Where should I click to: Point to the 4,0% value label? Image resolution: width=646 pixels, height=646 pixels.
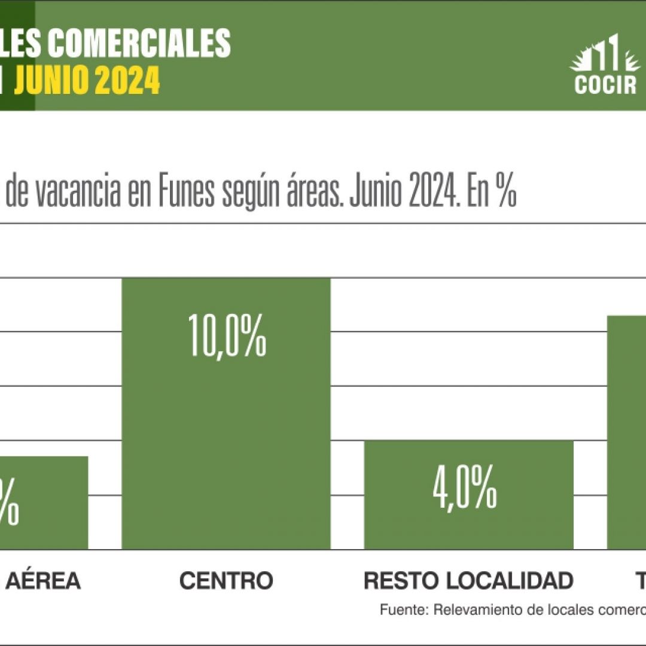(x=465, y=489)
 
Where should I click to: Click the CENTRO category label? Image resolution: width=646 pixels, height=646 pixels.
(x=226, y=580)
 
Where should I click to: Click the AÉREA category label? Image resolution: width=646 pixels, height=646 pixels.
(x=43, y=580)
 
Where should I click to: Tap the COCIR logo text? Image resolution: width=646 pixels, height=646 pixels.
(x=605, y=85)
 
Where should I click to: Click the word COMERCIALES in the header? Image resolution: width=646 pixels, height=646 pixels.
(x=139, y=43)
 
